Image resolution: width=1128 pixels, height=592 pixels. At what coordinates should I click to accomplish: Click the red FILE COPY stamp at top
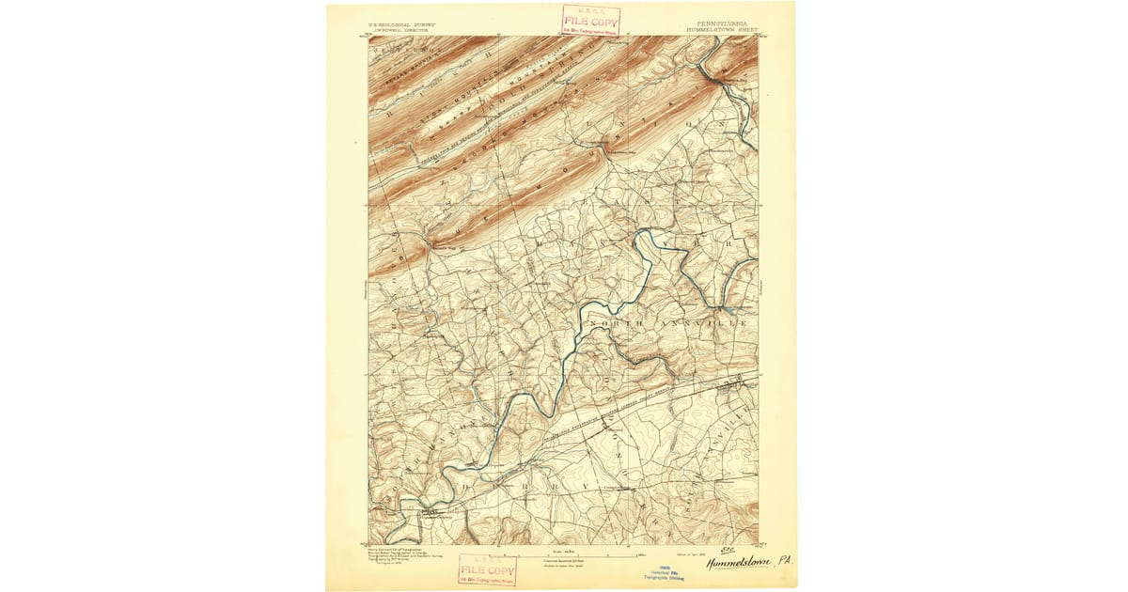click(x=591, y=20)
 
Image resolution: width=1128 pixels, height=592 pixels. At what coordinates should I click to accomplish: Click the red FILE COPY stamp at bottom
click(x=487, y=569)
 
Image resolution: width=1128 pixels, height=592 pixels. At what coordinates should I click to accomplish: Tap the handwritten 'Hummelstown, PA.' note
click(x=751, y=563)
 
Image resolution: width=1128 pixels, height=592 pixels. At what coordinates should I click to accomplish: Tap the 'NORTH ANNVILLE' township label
click(x=667, y=323)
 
